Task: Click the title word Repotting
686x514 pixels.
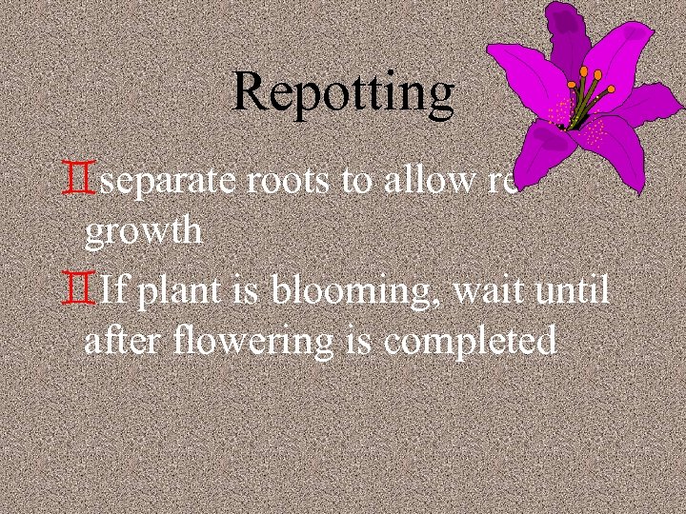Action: tap(343, 92)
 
